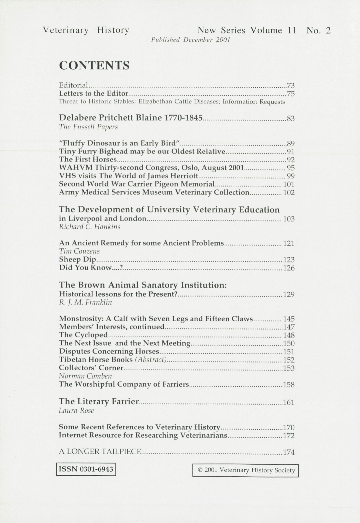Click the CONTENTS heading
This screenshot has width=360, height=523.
pyautogui.click(x=94, y=66)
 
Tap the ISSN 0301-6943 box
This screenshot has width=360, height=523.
pyautogui.click(x=86, y=469)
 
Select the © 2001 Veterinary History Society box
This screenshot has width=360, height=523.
pyautogui.click(x=245, y=470)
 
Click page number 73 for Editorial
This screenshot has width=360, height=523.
pyautogui.click(x=291, y=86)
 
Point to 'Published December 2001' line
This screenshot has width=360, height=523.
pyautogui.click(x=190, y=40)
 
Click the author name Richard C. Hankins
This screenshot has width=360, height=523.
pyautogui.click(x=90, y=227)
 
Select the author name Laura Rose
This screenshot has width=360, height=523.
pyautogui.click(x=76, y=411)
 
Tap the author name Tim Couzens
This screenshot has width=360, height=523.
pyautogui.click(x=79, y=251)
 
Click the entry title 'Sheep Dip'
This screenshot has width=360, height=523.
pyautogui.click(x=77, y=259)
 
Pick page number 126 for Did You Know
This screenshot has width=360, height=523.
pyautogui.click(x=289, y=268)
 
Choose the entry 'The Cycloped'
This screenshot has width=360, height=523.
pyautogui.click(x=83, y=335)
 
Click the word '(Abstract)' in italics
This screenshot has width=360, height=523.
pyautogui.click(x=151, y=360)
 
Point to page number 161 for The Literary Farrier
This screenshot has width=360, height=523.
pyautogui.click(x=289, y=402)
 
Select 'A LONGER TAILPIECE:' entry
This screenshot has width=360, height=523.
pyautogui.click(x=101, y=452)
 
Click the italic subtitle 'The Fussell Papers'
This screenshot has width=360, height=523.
pyautogui.click(x=88, y=127)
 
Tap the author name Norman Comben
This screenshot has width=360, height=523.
pyautogui.click(x=85, y=376)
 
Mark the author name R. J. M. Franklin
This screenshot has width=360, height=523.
pyautogui.click(x=85, y=303)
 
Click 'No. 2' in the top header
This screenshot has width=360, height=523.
pyautogui.click(x=318, y=31)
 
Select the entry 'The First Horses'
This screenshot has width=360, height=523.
pyautogui.click(x=88, y=159)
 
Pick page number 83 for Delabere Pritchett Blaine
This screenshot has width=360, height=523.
pyautogui.click(x=291, y=118)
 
